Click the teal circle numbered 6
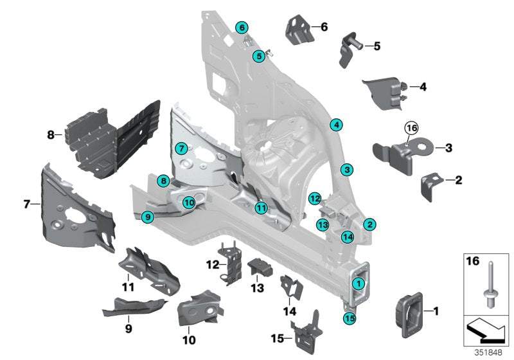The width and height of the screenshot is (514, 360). (x=242, y=28)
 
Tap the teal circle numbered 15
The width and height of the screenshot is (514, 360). (x=349, y=317)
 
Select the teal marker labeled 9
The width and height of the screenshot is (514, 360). (x=148, y=217)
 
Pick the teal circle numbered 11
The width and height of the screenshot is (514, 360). (x=260, y=208)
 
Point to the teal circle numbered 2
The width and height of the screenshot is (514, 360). (x=369, y=224)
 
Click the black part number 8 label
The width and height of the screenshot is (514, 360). (x=50, y=135)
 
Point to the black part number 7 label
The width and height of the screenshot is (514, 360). (x=27, y=204)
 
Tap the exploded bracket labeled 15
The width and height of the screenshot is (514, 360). (x=308, y=329)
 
